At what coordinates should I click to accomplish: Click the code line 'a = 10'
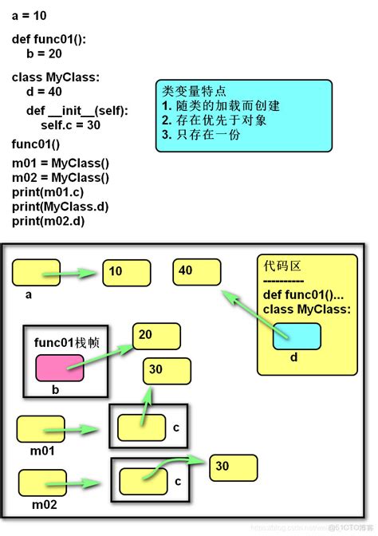tap(33, 16)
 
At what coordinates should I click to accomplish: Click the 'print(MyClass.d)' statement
tap(60, 207)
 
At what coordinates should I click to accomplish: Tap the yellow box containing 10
tap(127, 272)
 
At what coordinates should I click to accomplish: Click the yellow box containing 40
tap(196, 272)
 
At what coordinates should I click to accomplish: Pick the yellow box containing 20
tap(156, 337)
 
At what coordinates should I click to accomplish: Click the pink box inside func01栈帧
tap(60, 368)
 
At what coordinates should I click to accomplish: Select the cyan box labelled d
tap(297, 337)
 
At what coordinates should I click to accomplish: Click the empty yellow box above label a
tap(36, 273)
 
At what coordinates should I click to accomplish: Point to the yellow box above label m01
tap(40, 429)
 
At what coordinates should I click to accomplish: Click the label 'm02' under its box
tap(45, 504)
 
